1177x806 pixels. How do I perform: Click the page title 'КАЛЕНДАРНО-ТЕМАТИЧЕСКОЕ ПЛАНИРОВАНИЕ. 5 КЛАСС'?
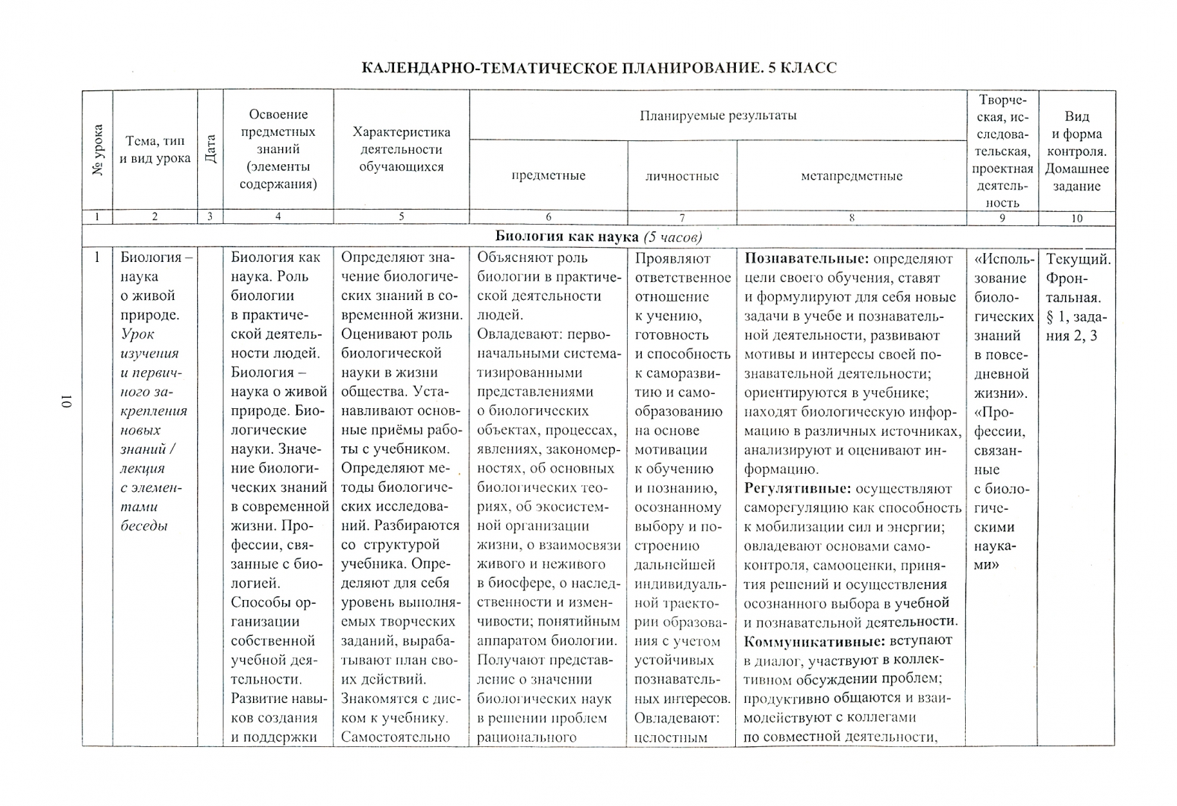click(x=599, y=68)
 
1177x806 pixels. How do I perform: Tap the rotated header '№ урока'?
click(x=98, y=150)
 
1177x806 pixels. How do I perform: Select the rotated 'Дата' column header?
click(x=210, y=149)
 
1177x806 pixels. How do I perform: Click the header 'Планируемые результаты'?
click(x=717, y=116)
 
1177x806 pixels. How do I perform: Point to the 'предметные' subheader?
click(x=548, y=176)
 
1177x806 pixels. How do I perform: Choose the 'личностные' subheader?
click(x=681, y=176)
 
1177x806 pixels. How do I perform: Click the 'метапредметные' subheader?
click(x=851, y=176)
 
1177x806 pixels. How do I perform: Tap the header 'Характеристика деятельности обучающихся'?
click(x=401, y=149)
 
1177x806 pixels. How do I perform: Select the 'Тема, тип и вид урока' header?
click(x=155, y=149)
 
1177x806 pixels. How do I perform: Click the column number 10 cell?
click(x=1076, y=218)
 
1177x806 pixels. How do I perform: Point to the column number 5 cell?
click(x=401, y=217)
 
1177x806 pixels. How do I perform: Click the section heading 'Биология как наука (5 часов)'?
click(x=599, y=237)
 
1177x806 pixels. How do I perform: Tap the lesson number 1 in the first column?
click(x=97, y=258)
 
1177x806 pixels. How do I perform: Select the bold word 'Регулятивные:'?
click(x=796, y=489)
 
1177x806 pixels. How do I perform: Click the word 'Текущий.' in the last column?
click(x=1078, y=259)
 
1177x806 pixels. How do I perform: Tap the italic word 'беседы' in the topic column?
click(x=143, y=526)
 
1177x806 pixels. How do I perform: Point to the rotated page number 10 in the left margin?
click(x=66, y=402)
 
